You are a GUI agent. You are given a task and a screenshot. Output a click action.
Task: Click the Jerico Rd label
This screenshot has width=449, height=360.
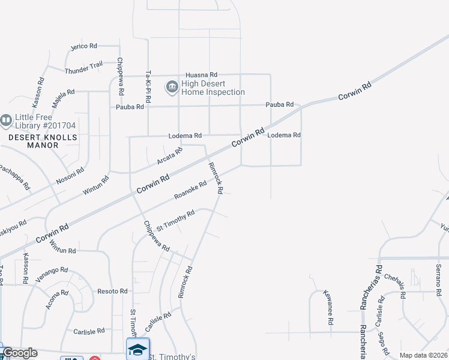[83, 46]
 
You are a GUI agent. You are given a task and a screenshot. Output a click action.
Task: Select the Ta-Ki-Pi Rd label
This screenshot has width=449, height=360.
[148, 86]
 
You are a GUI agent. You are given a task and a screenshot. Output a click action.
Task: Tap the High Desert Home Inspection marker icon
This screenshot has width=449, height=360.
[172, 87]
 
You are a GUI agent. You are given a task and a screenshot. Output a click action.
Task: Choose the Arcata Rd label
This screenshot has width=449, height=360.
[169, 157]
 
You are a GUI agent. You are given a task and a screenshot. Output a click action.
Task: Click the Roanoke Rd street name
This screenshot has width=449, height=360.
[190, 190]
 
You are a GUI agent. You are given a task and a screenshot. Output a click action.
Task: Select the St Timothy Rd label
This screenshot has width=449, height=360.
[175, 221]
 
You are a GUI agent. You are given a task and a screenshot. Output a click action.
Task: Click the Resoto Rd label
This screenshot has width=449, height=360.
[112, 291]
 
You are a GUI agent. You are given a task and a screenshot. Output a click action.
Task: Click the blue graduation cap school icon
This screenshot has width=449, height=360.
[137, 349]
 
